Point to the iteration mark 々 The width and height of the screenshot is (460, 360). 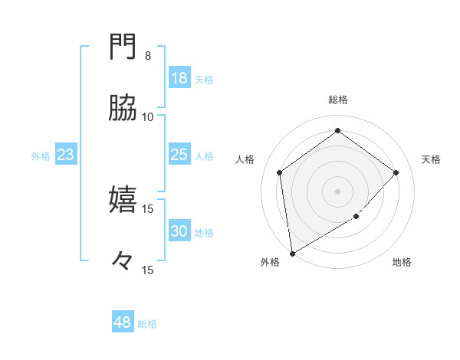click(123, 262)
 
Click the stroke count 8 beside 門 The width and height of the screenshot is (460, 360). click(148, 56)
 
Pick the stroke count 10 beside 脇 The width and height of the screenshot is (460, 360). click(148, 116)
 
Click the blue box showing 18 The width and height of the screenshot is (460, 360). click(179, 78)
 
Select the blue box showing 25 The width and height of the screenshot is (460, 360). click(179, 155)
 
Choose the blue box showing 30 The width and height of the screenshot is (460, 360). click(179, 232)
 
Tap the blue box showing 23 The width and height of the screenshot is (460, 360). click(65, 155)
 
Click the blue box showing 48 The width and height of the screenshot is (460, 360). click(123, 322)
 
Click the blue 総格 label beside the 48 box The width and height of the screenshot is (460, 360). click(147, 324)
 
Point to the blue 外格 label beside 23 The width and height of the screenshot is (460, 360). click(41, 156)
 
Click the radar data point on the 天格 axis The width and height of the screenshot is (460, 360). click(396, 172)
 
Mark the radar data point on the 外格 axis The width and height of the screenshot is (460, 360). click(292, 253)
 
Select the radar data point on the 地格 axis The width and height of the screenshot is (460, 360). click(356, 217)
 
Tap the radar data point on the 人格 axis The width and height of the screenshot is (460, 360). click(280, 172)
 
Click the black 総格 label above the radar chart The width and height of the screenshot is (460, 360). click(338, 100)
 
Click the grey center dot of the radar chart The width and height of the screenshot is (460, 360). click(338, 191)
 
